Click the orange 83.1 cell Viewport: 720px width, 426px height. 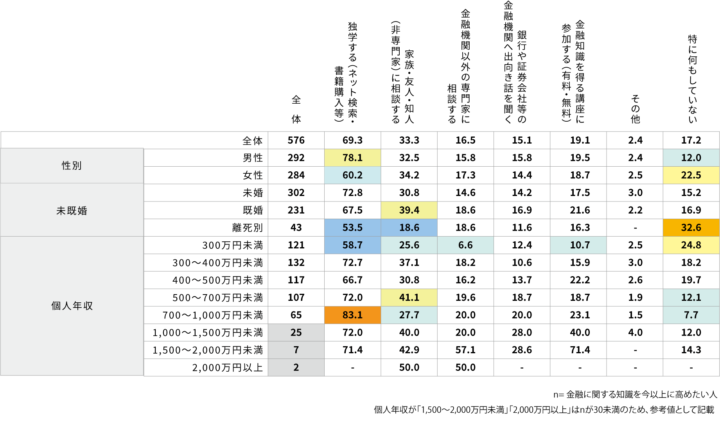click(352, 315)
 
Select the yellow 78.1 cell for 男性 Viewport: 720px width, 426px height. click(352, 158)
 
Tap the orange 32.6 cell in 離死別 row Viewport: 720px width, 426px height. click(691, 228)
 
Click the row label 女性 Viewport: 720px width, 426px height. click(253, 175)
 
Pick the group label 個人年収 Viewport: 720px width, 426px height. click(72, 306)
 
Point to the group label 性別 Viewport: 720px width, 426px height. click(72, 165)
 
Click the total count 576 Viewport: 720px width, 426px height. click(296, 140)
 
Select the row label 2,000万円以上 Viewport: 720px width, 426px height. click(227, 368)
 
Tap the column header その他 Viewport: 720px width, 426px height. click(635, 109)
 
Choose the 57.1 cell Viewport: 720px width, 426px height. click(465, 350)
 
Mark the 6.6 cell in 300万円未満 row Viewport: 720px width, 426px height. click(465, 245)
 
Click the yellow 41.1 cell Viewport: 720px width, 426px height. click(409, 298)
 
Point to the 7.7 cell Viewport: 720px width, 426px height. click(691, 315)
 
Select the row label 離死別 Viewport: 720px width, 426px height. click(247, 228)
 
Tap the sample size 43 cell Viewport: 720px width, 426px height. click(296, 228)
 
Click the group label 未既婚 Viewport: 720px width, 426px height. click(72, 211)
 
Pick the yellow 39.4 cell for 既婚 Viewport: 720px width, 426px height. click(409, 210)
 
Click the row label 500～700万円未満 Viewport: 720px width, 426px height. click(217, 298)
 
